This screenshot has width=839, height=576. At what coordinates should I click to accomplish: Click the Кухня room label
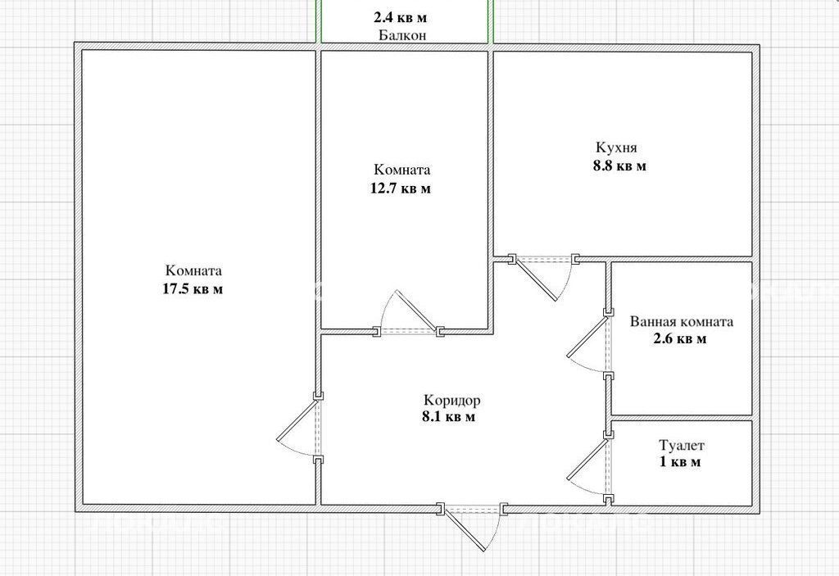coord(616,147)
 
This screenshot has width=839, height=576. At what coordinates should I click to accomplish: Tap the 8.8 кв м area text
coord(619,166)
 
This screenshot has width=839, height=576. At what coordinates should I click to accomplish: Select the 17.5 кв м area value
coord(193,289)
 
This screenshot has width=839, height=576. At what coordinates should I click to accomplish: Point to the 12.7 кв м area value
coord(401,188)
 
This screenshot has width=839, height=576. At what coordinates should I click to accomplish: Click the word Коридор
coord(452,401)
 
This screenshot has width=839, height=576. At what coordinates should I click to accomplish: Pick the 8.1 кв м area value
coord(448,416)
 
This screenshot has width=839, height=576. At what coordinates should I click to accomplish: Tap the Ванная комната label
coord(681,322)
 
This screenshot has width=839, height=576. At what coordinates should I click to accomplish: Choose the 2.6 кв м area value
coord(680,339)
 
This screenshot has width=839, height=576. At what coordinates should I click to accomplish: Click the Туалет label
coord(682,446)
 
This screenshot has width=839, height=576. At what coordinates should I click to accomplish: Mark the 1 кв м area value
coord(679,461)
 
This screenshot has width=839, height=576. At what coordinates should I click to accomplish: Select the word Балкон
coord(402,35)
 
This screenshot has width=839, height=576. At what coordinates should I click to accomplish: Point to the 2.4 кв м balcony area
coord(400,18)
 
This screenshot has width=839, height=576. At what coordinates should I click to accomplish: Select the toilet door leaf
coord(587,459)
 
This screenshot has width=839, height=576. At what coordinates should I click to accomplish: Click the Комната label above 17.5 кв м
coord(193,271)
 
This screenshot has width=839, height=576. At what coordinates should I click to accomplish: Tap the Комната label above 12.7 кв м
coord(401,170)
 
